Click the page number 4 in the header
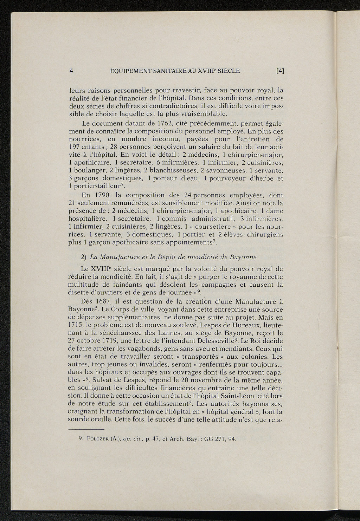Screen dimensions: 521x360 (71, 71)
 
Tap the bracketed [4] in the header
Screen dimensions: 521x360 (280, 71)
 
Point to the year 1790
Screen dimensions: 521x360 (105, 195)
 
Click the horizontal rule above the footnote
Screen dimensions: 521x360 (86, 429)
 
